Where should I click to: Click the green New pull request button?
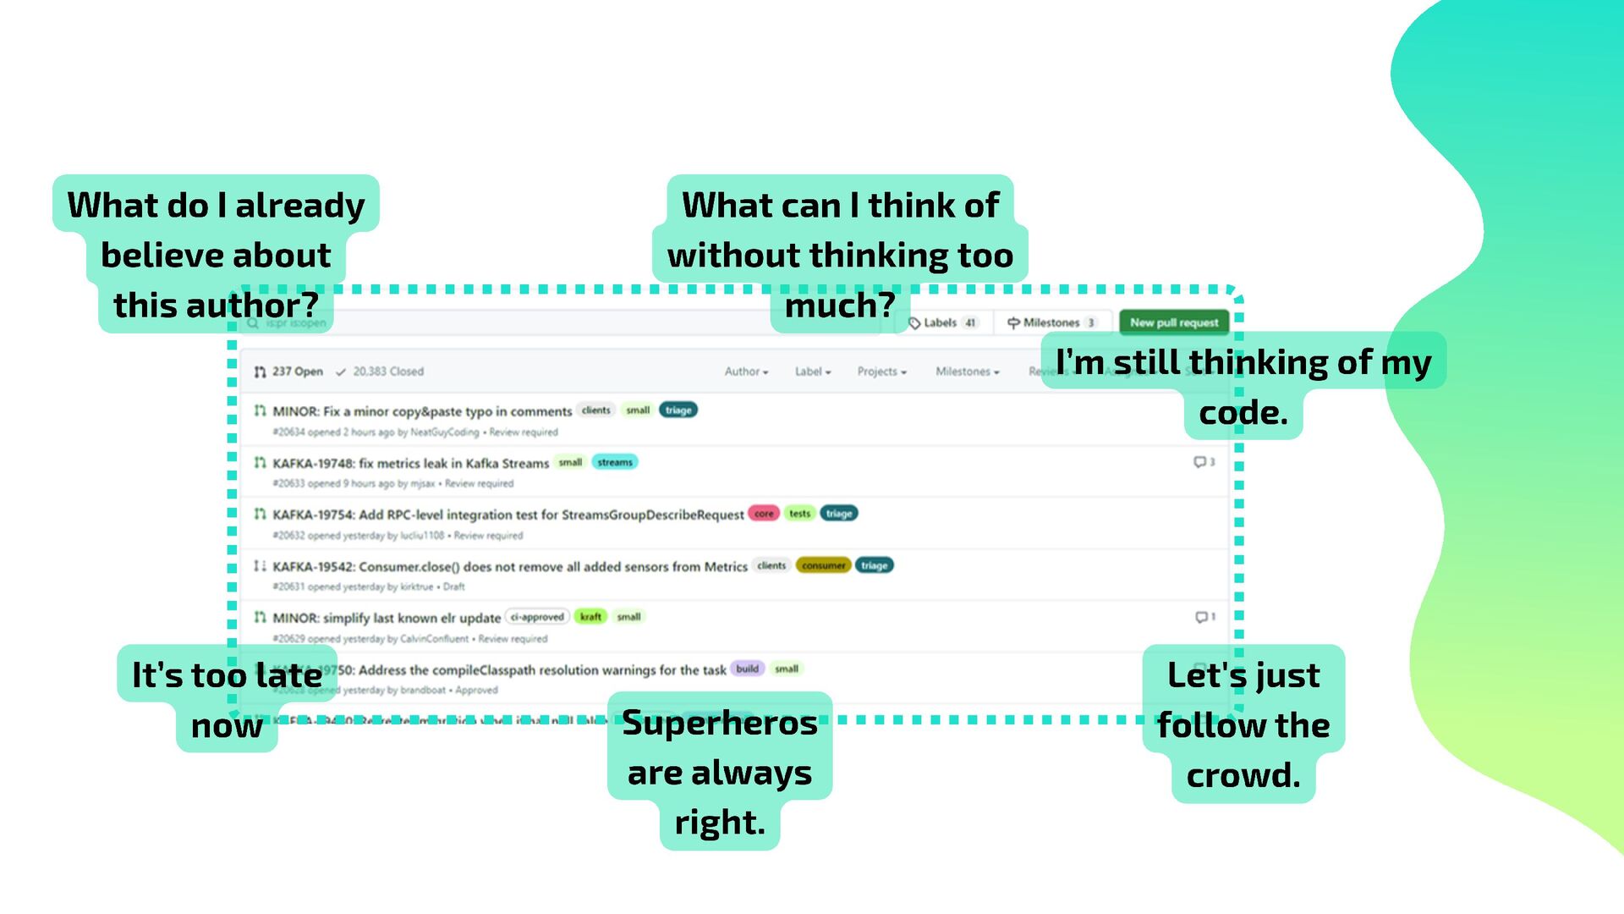coord(1173,322)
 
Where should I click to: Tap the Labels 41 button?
coord(942,322)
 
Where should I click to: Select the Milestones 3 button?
coord(1051,322)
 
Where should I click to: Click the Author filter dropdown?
coord(746,372)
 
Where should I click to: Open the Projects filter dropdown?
coord(881,372)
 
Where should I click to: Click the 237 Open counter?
coord(288,372)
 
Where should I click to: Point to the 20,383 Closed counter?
coord(380,372)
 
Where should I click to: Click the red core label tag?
coord(764,514)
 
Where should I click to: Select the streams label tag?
coord(615,462)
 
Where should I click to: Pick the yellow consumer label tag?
coord(823,565)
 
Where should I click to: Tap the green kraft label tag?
coord(590,617)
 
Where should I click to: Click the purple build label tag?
coord(747,669)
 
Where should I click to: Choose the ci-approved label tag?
coord(537,617)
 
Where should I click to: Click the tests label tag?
coord(799,514)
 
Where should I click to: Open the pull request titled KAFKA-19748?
coord(410,463)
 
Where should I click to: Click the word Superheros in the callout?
coord(720,723)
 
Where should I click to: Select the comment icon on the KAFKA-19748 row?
coord(1200,462)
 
